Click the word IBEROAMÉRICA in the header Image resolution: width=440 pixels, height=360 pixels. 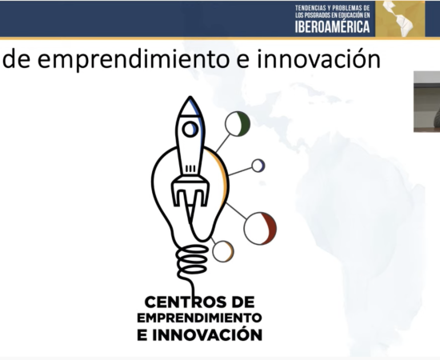[x=333, y=26]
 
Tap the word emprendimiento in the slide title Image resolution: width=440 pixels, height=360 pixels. [x=134, y=59]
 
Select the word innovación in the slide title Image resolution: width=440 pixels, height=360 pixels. [x=319, y=58]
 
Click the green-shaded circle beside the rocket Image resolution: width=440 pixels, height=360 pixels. [x=238, y=124]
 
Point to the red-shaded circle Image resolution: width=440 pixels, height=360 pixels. [x=261, y=228]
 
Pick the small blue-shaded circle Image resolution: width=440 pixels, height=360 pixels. [x=258, y=166]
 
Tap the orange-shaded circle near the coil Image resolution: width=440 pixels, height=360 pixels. [x=223, y=251]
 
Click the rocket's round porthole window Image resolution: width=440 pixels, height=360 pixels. [x=190, y=130]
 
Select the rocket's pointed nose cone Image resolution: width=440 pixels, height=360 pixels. [x=190, y=106]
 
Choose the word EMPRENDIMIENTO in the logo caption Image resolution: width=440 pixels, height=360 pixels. [x=199, y=318]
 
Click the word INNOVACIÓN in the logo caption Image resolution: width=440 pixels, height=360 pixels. [x=207, y=334]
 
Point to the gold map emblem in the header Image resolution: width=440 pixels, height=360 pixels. [x=400, y=18]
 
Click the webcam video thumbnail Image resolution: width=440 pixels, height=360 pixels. [x=427, y=102]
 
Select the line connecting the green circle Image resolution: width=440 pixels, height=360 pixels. [x=223, y=143]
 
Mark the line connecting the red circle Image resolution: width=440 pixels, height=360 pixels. [x=236, y=210]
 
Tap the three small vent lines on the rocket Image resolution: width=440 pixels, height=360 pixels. [x=190, y=169]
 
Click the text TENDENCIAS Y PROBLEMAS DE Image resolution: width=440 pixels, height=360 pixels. [x=333, y=8]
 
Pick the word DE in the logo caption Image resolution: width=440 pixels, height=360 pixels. [x=243, y=302]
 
